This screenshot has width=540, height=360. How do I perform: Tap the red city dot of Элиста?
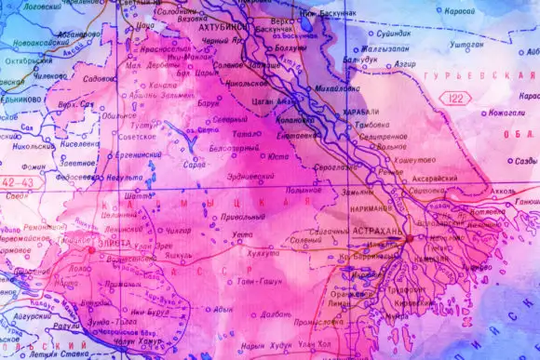90,249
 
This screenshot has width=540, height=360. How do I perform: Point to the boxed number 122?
456,97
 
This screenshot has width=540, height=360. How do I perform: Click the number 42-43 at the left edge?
19,183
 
